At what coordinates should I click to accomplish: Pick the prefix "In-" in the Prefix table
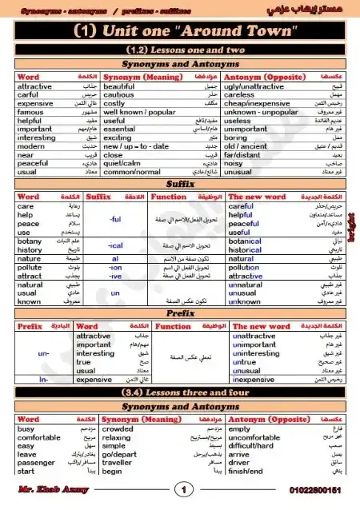[x=44, y=380]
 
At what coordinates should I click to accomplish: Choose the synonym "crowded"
[x=119, y=429]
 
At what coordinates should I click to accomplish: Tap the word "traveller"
[x=120, y=462]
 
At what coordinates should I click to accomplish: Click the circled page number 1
[x=185, y=489]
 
